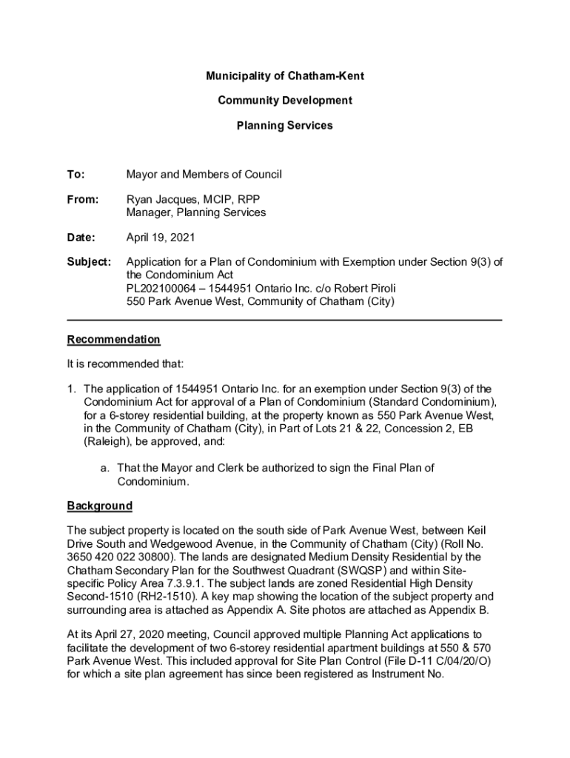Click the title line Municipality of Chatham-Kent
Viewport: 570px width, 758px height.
coord(284,76)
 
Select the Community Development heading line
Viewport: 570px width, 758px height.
coord(284,101)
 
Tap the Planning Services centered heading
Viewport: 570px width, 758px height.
coord(284,125)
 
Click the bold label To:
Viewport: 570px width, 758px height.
coord(76,175)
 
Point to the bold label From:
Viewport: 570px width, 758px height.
coord(81,200)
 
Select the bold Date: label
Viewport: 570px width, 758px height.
coord(81,238)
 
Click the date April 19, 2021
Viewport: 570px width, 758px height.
coord(161,238)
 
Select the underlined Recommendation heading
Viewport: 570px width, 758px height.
coord(113,340)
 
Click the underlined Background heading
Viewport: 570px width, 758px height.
coord(100,506)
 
